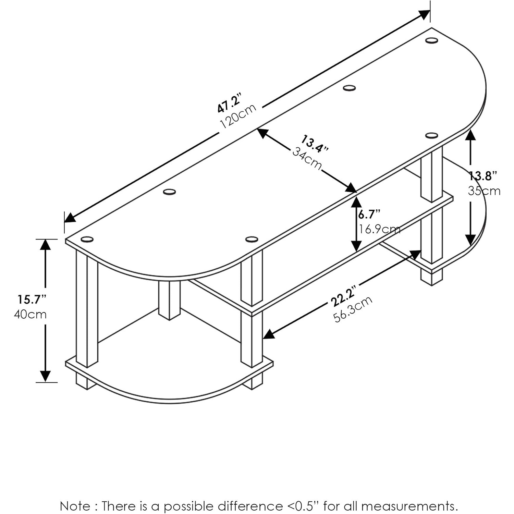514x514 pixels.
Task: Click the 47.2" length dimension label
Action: [x=230, y=102]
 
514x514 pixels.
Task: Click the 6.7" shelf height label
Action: [x=369, y=215]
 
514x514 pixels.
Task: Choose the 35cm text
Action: [x=484, y=191]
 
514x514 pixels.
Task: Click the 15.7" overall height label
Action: [x=32, y=299]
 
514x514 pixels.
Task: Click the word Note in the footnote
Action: [x=75, y=506]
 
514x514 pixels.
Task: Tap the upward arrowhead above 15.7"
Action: [x=45, y=244]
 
